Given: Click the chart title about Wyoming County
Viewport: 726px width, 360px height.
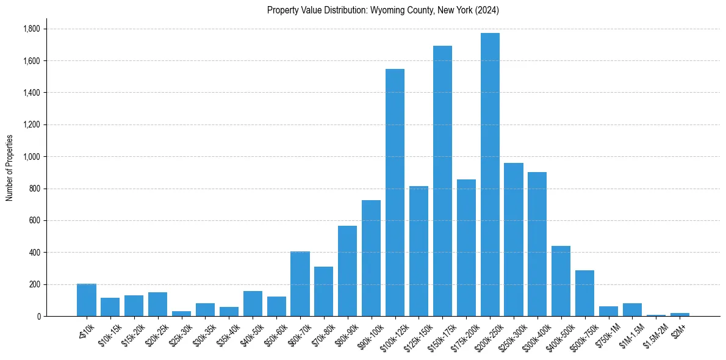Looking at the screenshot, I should click(383, 10).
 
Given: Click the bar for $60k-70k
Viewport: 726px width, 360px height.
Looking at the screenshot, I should click(300, 284).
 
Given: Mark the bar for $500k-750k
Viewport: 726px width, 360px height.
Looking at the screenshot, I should click(584, 293).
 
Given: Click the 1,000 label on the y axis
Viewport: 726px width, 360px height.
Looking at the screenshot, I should click(31, 157).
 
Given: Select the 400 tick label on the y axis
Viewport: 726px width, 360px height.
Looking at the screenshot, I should click(34, 253).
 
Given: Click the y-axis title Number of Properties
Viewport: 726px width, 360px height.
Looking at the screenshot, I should click(10, 168).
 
